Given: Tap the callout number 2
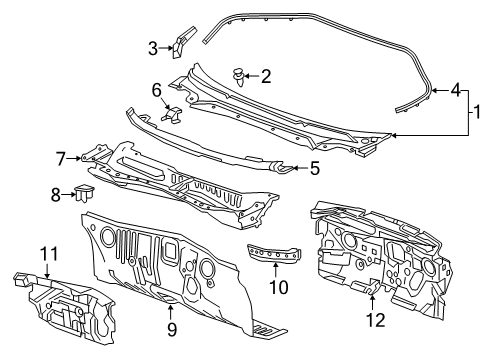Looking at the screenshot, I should coord(265,75).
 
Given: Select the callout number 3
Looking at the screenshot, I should coord(153,47).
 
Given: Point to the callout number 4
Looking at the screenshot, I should coord(455,90).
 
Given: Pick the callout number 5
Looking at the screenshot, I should coord(313,169).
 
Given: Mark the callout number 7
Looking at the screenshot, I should coord(61,158).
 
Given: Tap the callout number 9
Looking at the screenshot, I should coord(171,327).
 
